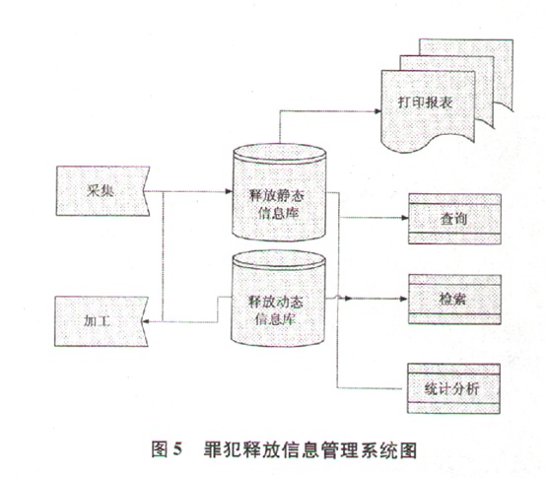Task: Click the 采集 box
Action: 102,191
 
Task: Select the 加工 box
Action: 101,321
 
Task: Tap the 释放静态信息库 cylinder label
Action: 277,204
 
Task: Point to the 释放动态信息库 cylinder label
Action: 275,310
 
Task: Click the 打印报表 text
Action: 426,102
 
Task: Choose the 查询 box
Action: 454,219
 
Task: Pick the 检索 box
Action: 454,300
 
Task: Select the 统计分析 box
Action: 453,388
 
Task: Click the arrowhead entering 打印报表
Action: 377,111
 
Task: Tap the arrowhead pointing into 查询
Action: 405,218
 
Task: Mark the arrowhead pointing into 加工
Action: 146,321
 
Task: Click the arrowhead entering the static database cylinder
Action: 229,191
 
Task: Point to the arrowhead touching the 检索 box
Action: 403,299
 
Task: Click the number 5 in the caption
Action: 177,449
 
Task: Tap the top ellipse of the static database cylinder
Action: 280,152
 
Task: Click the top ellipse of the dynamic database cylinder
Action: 279,259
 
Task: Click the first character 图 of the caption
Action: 160,449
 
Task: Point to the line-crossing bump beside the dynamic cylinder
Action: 338,297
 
